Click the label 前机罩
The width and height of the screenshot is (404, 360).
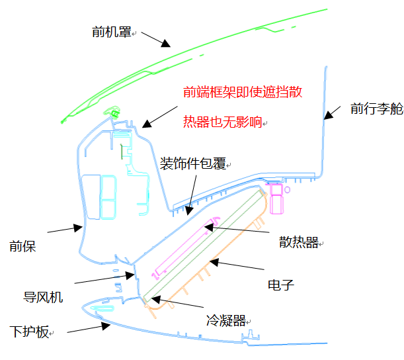pos(111,30)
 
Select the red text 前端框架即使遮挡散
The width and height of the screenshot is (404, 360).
pos(243,92)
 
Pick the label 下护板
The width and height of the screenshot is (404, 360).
pos(29,332)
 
